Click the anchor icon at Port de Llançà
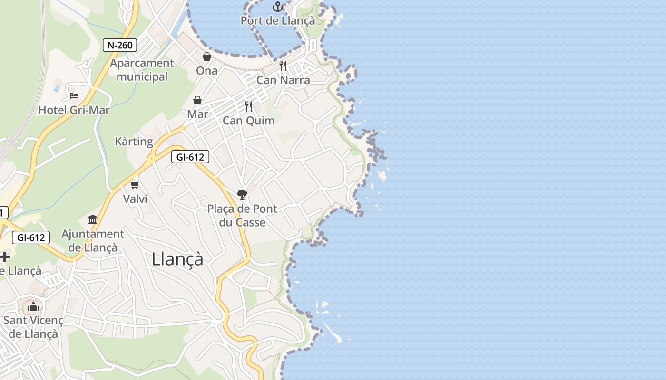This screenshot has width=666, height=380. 277,7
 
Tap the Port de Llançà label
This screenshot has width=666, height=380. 277,20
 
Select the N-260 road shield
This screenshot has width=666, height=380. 120,45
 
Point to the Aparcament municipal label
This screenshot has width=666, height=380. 142,70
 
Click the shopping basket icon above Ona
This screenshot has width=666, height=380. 207,57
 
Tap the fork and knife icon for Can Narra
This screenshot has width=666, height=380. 283,66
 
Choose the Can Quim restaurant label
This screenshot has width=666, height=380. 249,121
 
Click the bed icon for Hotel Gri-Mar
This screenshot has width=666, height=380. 74,95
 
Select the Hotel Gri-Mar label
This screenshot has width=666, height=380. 74,110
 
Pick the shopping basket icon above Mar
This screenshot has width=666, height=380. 197,100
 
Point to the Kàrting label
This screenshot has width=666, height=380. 134,142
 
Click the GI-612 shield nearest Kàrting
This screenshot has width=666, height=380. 190,157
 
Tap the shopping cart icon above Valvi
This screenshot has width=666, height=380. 135,185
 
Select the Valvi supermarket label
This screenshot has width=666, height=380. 135,199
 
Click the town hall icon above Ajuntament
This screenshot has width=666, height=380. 93,219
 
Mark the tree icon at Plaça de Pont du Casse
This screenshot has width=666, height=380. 242,194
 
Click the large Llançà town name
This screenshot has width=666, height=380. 177,259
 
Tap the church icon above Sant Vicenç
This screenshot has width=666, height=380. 33,306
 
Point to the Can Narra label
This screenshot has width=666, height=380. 283,80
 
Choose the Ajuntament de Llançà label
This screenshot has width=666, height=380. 93,241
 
